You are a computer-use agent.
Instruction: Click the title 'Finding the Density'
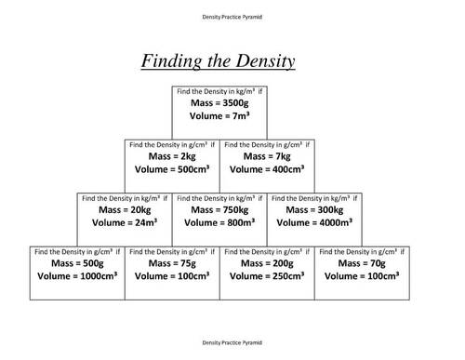(x=219, y=62)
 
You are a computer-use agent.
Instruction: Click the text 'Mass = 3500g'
(x=219, y=103)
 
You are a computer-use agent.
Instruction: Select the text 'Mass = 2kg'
(x=170, y=157)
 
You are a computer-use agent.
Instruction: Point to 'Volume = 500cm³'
(x=171, y=171)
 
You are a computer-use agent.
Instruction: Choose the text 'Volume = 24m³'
(x=123, y=224)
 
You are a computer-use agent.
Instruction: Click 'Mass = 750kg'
(x=219, y=210)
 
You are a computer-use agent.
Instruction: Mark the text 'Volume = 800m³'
(x=219, y=224)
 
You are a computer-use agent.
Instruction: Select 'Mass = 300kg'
(x=314, y=210)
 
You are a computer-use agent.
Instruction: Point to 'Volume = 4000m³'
(x=314, y=224)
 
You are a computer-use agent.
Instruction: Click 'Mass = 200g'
(x=267, y=264)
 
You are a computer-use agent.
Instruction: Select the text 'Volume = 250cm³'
(x=267, y=278)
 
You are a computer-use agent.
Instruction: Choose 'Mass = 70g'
(x=363, y=264)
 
